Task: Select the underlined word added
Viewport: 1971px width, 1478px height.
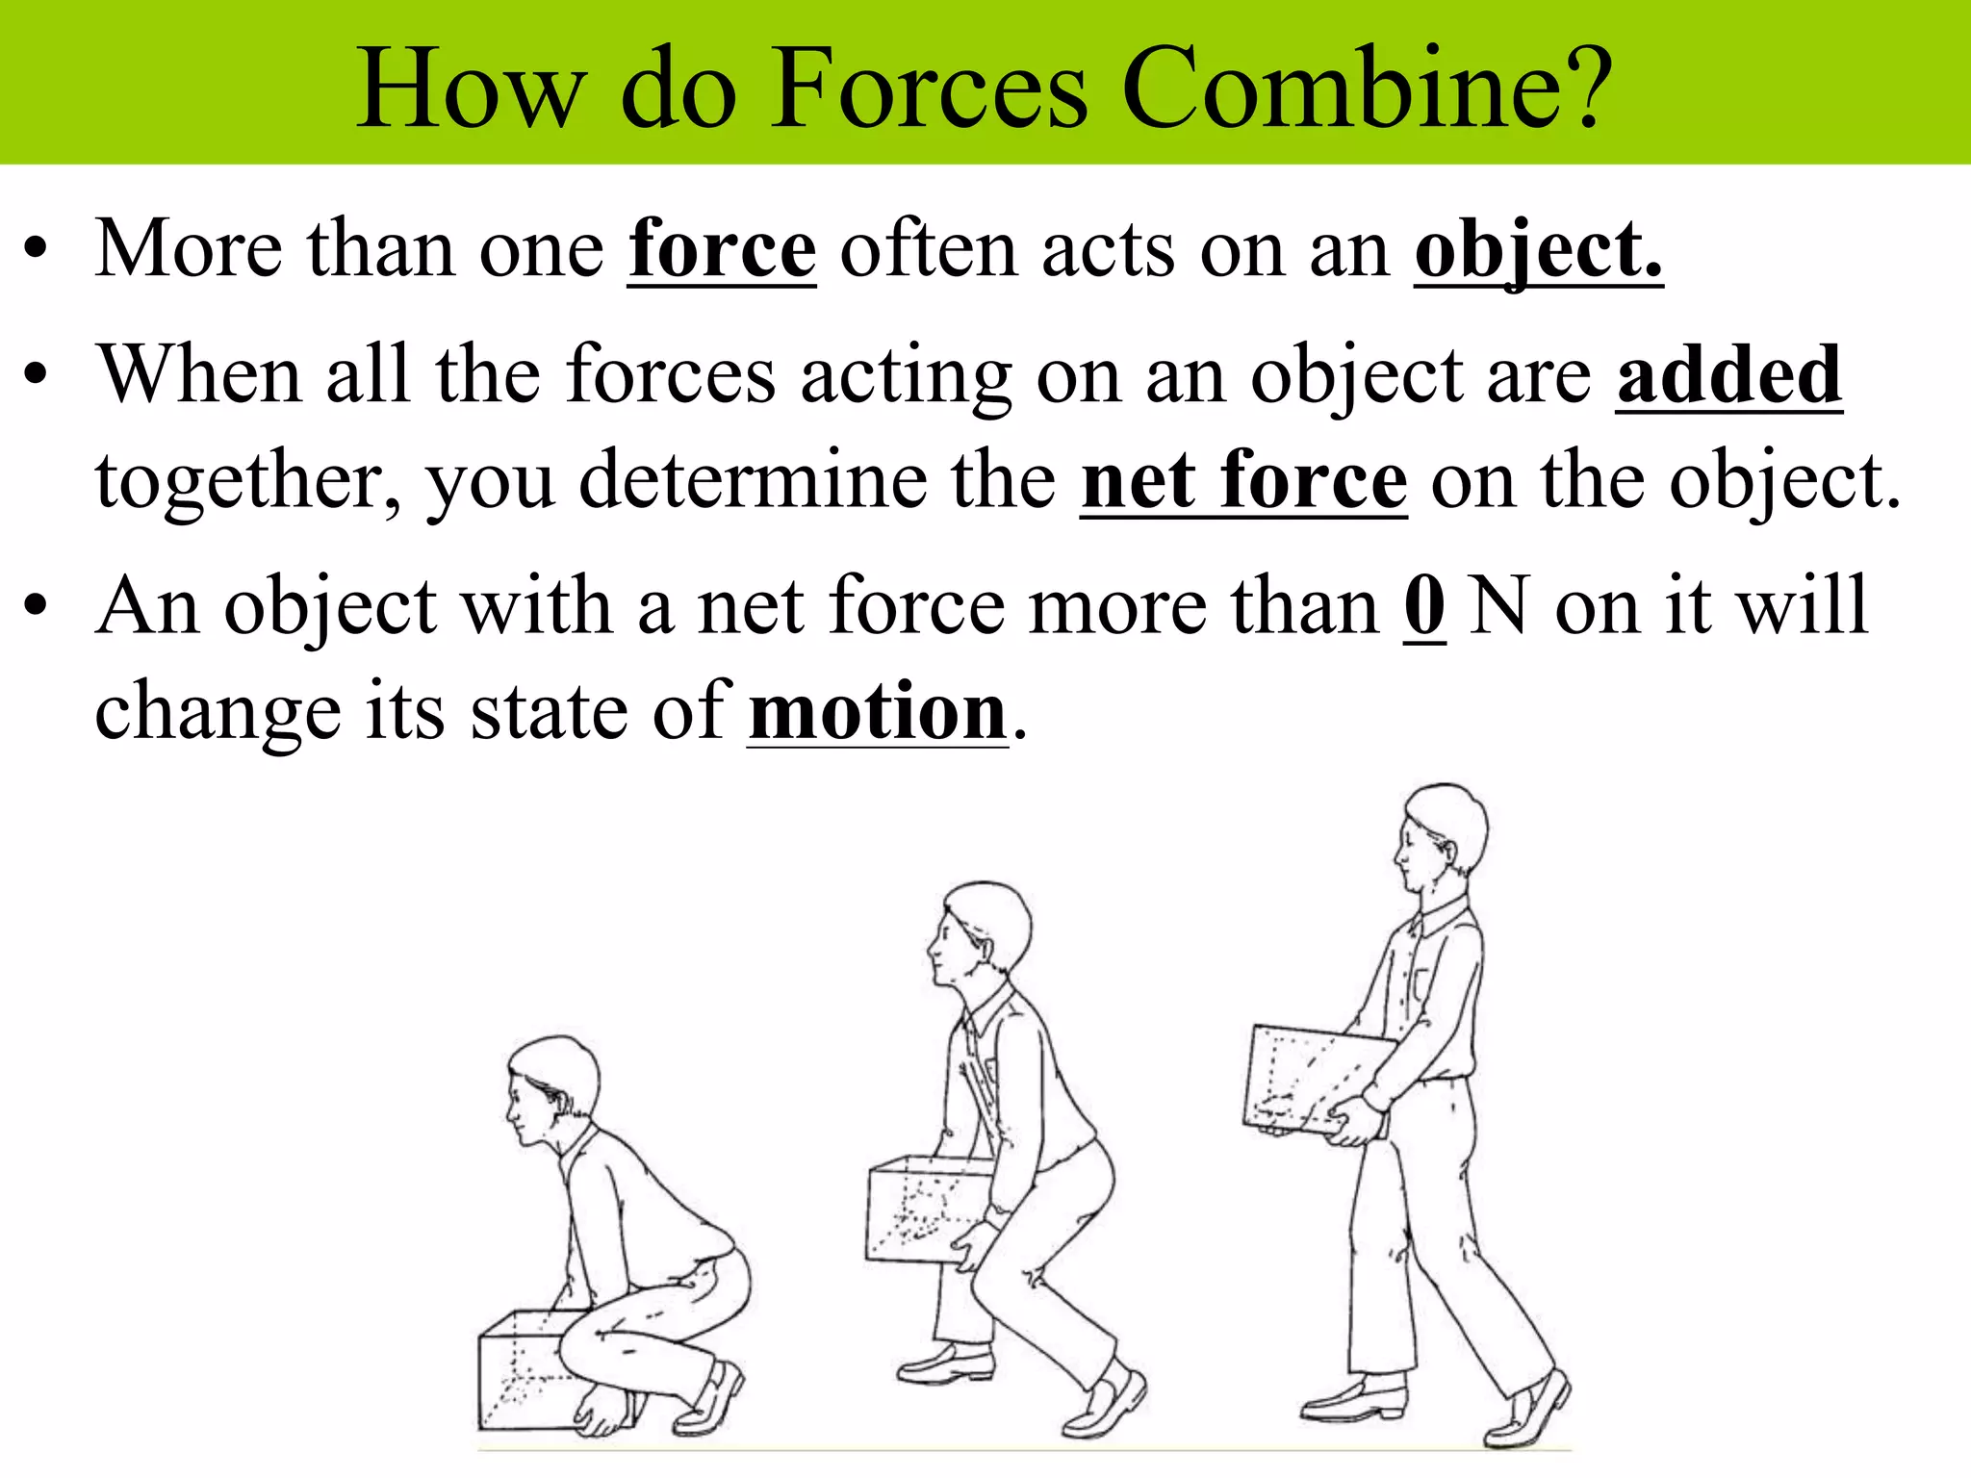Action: click(x=1728, y=375)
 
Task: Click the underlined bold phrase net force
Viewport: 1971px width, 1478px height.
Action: click(x=1243, y=480)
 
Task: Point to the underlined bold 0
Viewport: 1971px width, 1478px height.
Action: click(x=1424, y=606)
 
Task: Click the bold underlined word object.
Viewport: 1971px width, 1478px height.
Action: click(x=1538, y=250)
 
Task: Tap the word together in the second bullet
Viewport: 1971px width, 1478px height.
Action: click(x=247, y=482)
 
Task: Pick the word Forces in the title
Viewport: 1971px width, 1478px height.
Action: click(x=930, y=89)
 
